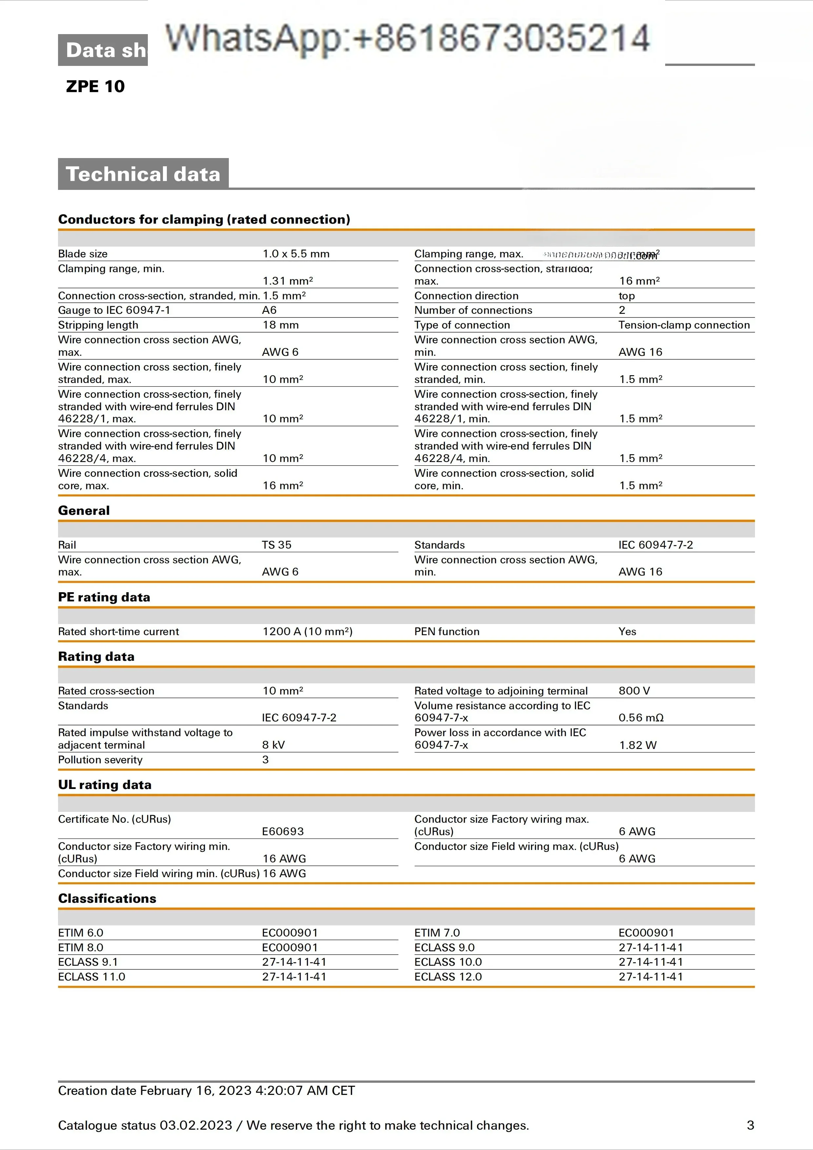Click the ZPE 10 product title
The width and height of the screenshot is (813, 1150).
tap(95, 87)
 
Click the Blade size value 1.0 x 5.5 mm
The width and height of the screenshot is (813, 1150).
tap(296, 254)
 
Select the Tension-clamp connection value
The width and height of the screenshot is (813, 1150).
tap(684, 325)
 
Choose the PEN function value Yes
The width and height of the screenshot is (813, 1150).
tap(627, 632)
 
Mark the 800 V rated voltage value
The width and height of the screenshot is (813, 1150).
tap(634, 691)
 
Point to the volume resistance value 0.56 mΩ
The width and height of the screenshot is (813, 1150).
tap(641, 718)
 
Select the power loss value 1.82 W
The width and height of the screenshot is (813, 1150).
tap(638, 745)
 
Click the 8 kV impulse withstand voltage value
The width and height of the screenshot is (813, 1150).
tap(273, 745)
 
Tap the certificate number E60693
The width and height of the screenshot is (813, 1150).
tap(283, 832)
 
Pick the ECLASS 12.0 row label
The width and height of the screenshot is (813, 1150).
tap(448, 977)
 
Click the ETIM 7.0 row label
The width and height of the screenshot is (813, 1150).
tap(437, 933)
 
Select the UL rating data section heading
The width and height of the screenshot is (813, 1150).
tap(105, 785)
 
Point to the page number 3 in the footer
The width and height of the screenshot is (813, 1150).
tap(750, 1125)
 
